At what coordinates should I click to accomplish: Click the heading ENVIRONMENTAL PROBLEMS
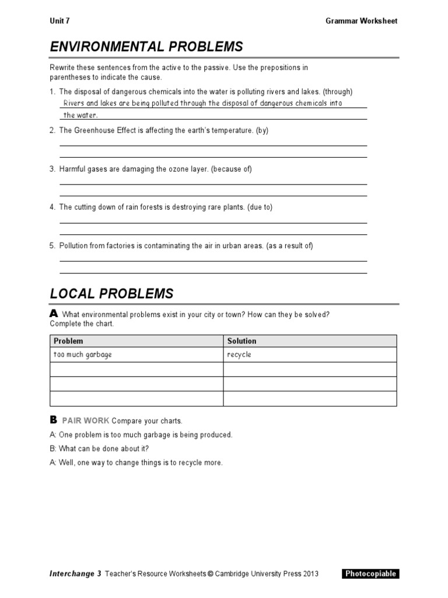point(146,47)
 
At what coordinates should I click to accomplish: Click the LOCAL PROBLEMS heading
point(111,293)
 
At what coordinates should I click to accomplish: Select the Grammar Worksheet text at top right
point(361,21)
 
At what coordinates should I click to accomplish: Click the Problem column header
point(68,341)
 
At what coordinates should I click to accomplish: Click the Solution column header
point(242,341)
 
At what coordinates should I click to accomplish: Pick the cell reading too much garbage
point(82,355)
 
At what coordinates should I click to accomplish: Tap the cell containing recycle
point(239,355)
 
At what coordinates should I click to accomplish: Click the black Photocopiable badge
point(370,574)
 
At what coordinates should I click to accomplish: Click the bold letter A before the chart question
point(54,314)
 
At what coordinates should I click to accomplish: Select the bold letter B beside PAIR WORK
point(54,420)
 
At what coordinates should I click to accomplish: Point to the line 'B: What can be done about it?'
point(99,448)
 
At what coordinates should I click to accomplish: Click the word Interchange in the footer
point(71,574)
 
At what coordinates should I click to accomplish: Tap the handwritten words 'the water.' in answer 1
point(80,115)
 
